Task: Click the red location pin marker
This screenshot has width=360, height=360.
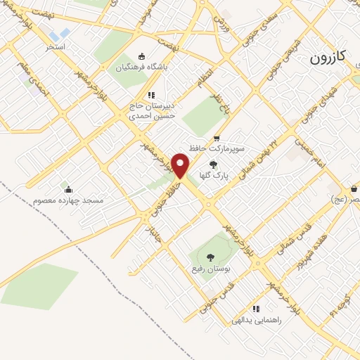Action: [x=181, y=166]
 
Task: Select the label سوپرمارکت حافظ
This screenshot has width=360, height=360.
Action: [x=216, y=150]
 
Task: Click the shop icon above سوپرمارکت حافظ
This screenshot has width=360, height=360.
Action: [x=217, y=139]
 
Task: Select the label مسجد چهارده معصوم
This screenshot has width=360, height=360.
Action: [x=68, y=200]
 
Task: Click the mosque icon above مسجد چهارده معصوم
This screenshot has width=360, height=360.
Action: [x=67, y=188]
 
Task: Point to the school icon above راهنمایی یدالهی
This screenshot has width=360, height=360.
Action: [x=256, y=308]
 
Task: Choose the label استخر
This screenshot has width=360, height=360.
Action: [x=56, y=46]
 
